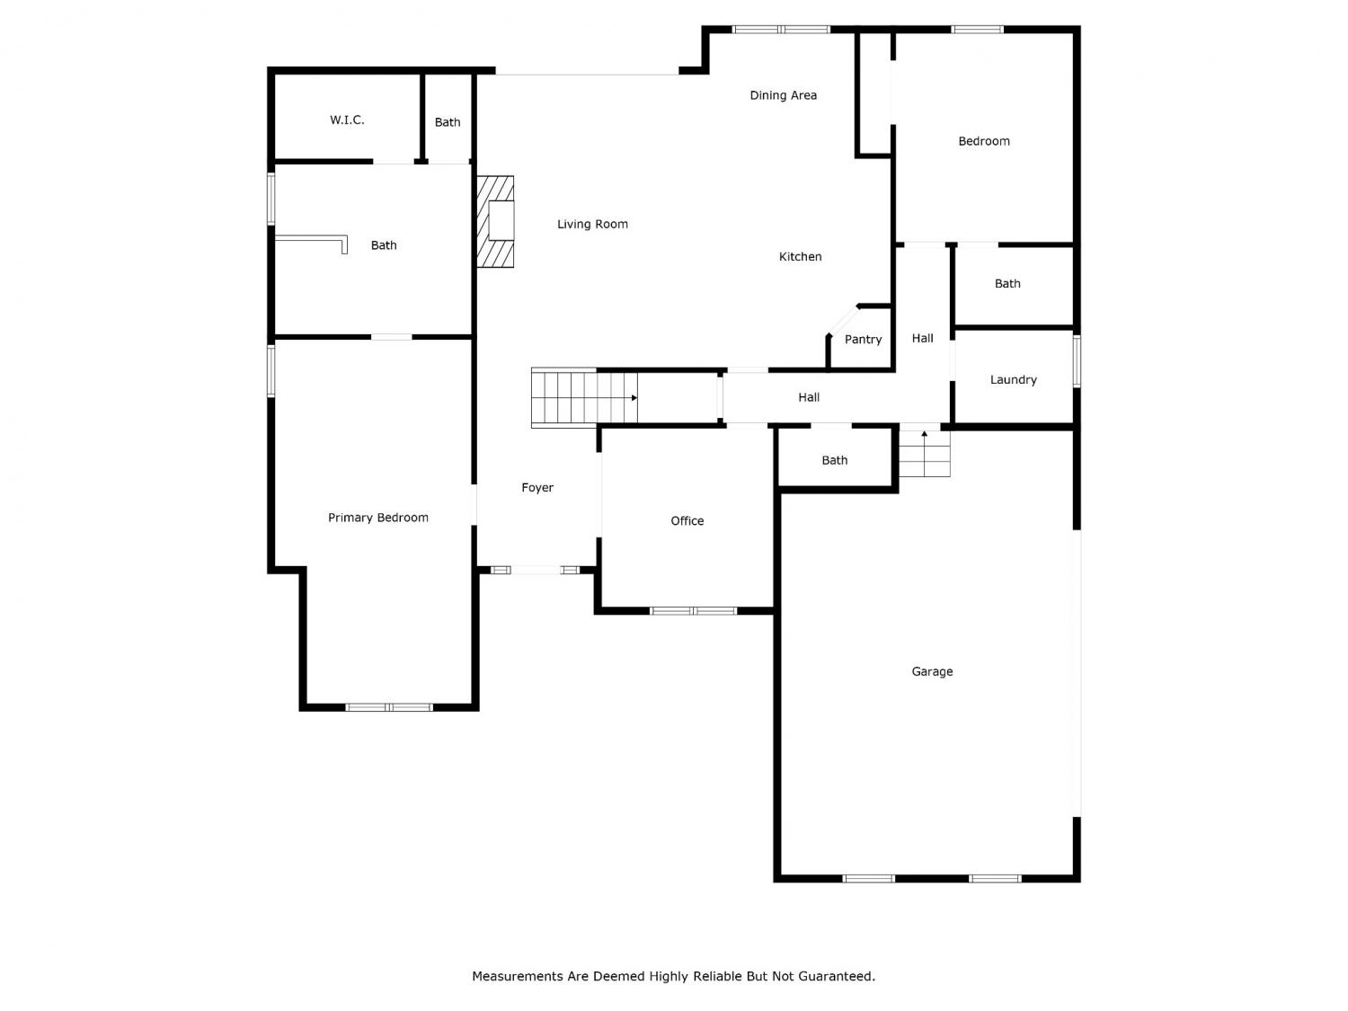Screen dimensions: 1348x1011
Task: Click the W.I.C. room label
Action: click(347, 120)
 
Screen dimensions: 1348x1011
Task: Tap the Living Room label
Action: click(592, 225)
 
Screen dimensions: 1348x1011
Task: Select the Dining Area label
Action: click(783, 96)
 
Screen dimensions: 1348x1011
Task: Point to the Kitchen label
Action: click(800, 257)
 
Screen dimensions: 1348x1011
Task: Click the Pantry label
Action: click(863, 340)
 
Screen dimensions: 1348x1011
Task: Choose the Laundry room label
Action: click(1014, 380)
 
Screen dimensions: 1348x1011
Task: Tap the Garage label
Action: click(932, 671)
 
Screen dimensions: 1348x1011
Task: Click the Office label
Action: click(687, 521)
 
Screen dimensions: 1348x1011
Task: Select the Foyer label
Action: click(537, 488)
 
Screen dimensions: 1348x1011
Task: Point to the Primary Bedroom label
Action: click(378, 518)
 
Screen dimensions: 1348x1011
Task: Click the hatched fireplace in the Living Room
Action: click(495, 222)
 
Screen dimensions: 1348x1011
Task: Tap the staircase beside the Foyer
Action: click(584, 398)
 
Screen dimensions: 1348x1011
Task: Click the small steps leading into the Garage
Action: click(924, 454)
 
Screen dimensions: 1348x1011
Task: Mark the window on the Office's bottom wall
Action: click(694, 611)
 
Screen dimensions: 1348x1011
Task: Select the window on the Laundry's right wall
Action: click(1077, 361)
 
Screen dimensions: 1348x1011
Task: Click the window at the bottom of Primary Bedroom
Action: click(389, 707)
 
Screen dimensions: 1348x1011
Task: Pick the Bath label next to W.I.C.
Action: click(447, 123)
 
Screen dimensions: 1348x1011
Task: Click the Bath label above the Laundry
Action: click(1007, 284)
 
